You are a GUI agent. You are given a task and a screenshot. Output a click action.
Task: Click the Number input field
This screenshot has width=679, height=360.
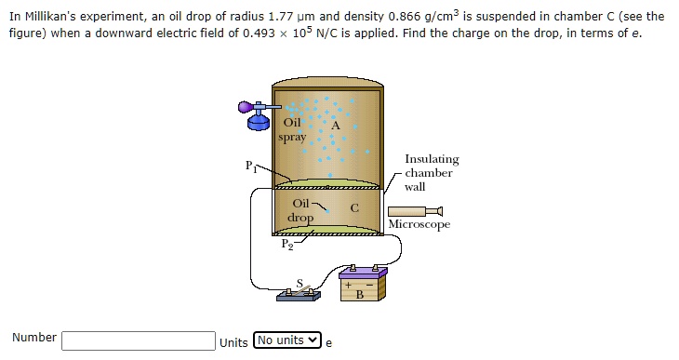[x=139, y=340]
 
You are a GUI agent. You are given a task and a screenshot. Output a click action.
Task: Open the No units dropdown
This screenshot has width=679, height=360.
[x=287, y=340]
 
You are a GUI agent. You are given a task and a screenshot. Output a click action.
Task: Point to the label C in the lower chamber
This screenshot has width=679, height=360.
[x=353, y=208]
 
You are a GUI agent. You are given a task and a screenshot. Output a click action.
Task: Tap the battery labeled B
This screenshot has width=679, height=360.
[x=359, y=287]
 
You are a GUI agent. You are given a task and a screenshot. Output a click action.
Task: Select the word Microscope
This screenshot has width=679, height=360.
[x=419, y=225]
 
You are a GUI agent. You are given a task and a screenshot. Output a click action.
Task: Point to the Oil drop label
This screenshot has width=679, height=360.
[x=300, y=210]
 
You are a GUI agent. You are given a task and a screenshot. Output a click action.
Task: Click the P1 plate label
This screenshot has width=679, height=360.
[x=249, y=167]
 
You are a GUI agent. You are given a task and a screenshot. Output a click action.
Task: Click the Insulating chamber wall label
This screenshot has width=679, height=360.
[x=431, y=173]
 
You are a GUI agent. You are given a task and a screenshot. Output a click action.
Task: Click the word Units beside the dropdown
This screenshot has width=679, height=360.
[x=233, y=341]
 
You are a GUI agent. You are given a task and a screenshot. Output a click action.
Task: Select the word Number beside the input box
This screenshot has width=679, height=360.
[x=34, y=338]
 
